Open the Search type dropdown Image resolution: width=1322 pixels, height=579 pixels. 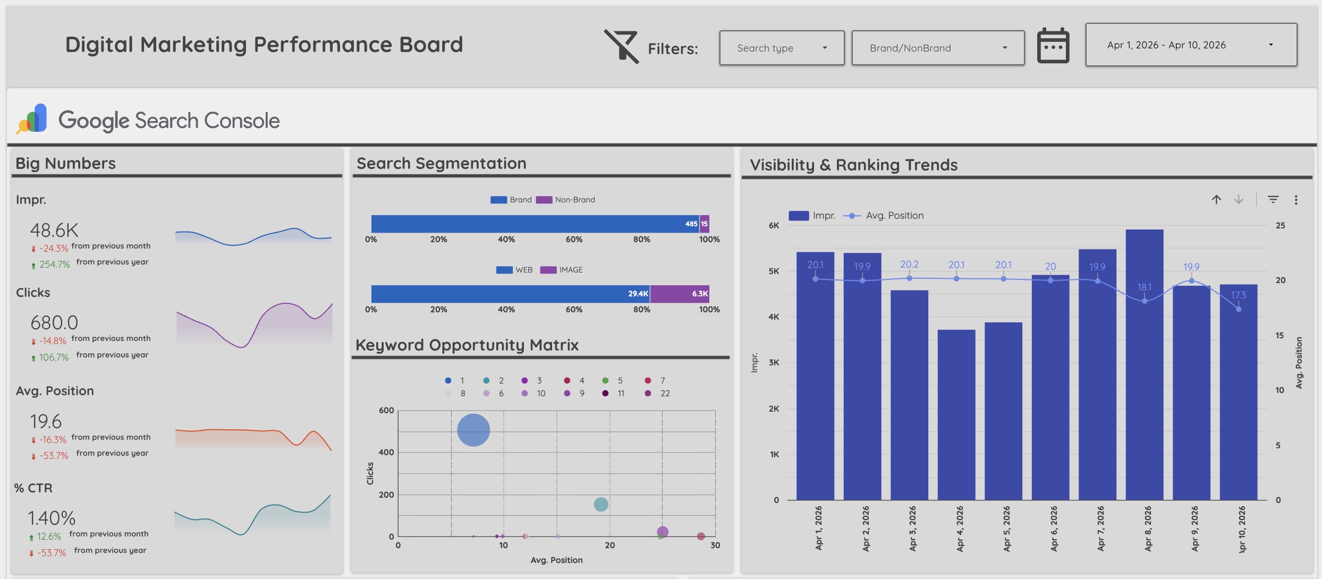pos(781,48)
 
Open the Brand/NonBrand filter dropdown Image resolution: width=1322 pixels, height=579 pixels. pos(937,48)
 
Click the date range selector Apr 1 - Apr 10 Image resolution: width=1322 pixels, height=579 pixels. pos(1190,45)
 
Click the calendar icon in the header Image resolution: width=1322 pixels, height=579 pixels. pos(1053,46)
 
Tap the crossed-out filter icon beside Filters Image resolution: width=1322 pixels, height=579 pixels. pos(621,47)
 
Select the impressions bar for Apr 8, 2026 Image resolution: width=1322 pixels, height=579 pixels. pos(1144,372)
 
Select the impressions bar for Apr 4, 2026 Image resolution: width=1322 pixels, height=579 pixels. pos(956,414)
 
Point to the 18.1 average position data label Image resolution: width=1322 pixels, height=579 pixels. pos(1144,287)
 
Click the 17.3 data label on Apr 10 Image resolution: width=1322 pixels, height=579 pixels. pos(1238,295)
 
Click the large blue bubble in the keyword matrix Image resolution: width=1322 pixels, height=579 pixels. pos(473,430)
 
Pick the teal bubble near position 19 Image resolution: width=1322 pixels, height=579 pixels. pos(600,504)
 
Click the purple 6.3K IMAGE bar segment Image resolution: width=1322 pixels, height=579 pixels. pos(679,294)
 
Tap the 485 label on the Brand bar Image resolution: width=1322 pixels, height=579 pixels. pos(691,224)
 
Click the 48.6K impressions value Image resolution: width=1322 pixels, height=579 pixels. pos(54,230)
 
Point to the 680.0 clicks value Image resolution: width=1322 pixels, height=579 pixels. pos(54,322)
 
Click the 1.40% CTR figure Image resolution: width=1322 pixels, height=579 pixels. pos(52,518)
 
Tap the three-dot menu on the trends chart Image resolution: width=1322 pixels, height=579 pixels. pos(1296,200)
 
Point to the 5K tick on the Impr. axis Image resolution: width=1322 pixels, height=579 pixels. pos(774,271)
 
